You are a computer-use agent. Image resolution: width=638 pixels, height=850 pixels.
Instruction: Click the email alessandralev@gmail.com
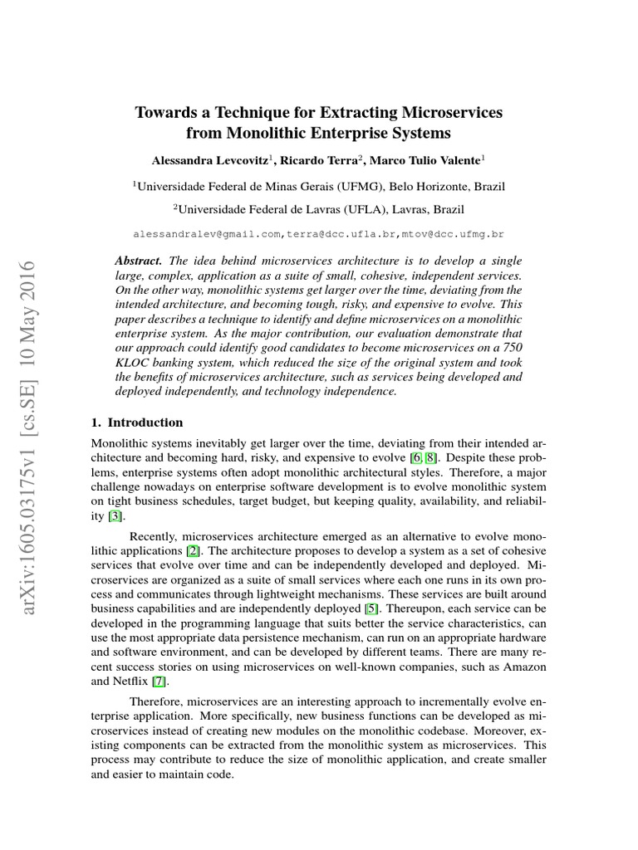(x=209, y=236)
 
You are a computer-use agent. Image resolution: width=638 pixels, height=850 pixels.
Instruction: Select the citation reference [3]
(x=116, y=516)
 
